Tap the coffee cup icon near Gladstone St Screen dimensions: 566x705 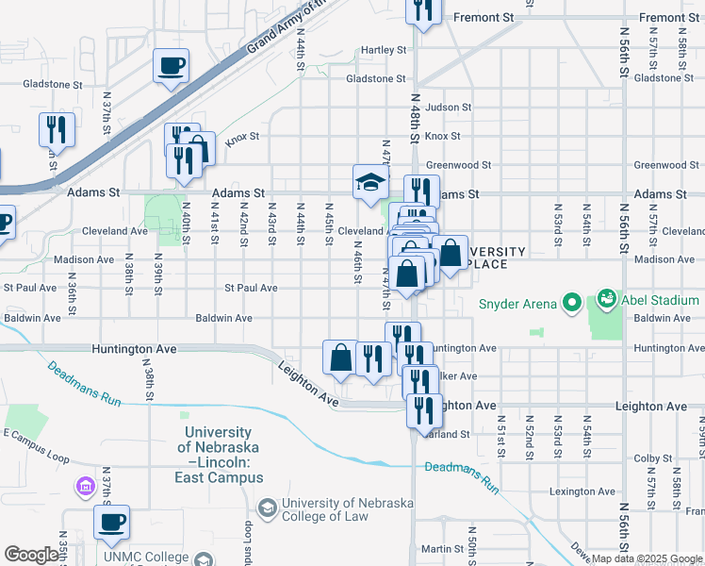tap(172, 66)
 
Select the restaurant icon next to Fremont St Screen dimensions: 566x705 tap(423, 9)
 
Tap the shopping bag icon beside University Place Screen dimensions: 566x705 tap(451, 253)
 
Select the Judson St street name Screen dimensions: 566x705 tap(447, 108)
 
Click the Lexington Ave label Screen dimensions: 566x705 tap(583, 491)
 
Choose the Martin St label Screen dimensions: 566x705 tap(438, 548)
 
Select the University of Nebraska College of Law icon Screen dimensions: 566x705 tap(268, 508)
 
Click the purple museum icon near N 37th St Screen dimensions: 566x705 tap(84, 486)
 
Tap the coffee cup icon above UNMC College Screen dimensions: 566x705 tap(111, 521)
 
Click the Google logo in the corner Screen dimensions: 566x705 tap(30, 555)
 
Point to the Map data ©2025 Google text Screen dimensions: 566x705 tap(648, 559)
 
